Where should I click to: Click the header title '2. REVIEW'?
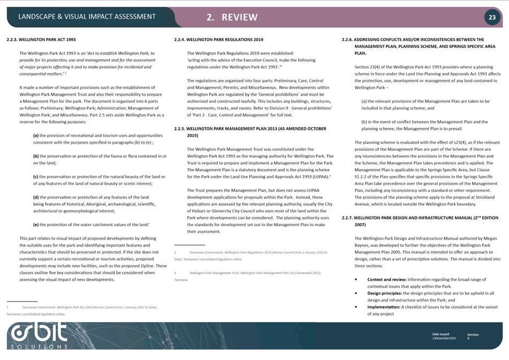point(232,17)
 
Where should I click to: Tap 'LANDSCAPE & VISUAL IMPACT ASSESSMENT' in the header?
point(87,17)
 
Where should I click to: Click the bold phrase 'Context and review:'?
point(386,279)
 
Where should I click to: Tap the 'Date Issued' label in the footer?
point(440,334)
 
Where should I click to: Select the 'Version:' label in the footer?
point(473,334)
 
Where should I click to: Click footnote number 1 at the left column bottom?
point(8,308)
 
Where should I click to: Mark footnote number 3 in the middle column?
point(176,273)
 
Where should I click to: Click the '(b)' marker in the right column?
point(364,122)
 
